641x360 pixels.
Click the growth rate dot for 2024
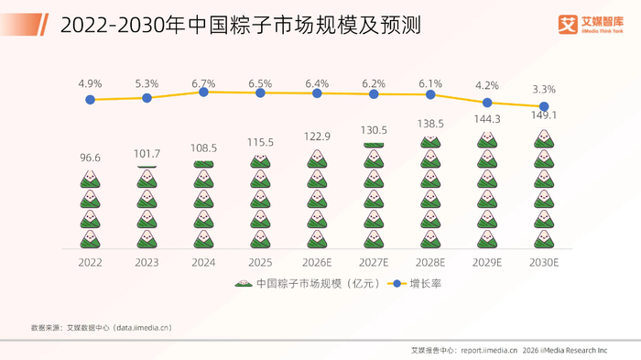[203, 92]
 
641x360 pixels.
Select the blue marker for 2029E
[487, 103]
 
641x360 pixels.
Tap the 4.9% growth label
[90, 84]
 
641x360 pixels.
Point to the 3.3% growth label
[544, 89]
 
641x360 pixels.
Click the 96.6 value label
[90, 158]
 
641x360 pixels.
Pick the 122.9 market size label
[317, 136]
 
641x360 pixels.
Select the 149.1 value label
[544, 115]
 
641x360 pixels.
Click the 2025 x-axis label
[260, 262]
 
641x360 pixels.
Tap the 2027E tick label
[374, 262]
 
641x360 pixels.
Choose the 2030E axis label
[544, 262]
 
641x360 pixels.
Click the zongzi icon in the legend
[244, 283]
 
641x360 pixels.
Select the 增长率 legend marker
[397, 283]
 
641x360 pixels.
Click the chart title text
[240, 25]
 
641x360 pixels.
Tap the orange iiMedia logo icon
[568, 25]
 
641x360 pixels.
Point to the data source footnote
[102, 328]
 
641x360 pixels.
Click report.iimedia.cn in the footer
[489, 350]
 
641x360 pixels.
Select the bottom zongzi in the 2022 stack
[90, 239]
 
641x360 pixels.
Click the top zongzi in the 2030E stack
[544, 138]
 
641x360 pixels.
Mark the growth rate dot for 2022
[90, 100]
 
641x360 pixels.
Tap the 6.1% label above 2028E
[430, 84]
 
